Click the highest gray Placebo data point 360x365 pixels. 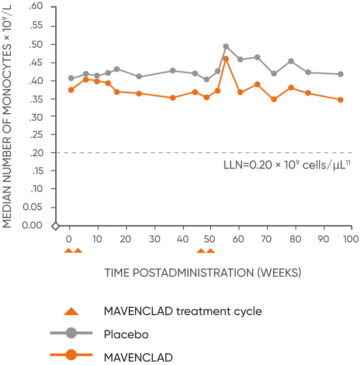(226, 46)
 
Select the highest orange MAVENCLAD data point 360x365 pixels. (226, 59)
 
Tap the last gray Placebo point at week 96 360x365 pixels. (340, 74)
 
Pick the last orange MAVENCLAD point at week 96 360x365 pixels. (340, 100)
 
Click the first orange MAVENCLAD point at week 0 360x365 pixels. (71, 90)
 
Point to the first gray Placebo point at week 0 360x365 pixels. (71, 78)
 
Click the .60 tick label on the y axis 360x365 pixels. (37, 6)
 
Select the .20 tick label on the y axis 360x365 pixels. (37, 153)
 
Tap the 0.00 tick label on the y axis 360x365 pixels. (34, 225)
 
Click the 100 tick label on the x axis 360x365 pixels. (351, 238)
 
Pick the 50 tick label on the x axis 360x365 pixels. (211, 238)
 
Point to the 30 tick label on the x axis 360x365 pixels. (155, 238)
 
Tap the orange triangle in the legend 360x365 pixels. (72, 311)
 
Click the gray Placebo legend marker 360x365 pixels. (72, 334)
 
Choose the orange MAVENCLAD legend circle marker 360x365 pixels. (72, 355)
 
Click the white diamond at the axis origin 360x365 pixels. (56, 226)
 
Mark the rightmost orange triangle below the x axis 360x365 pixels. (211, 251)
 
